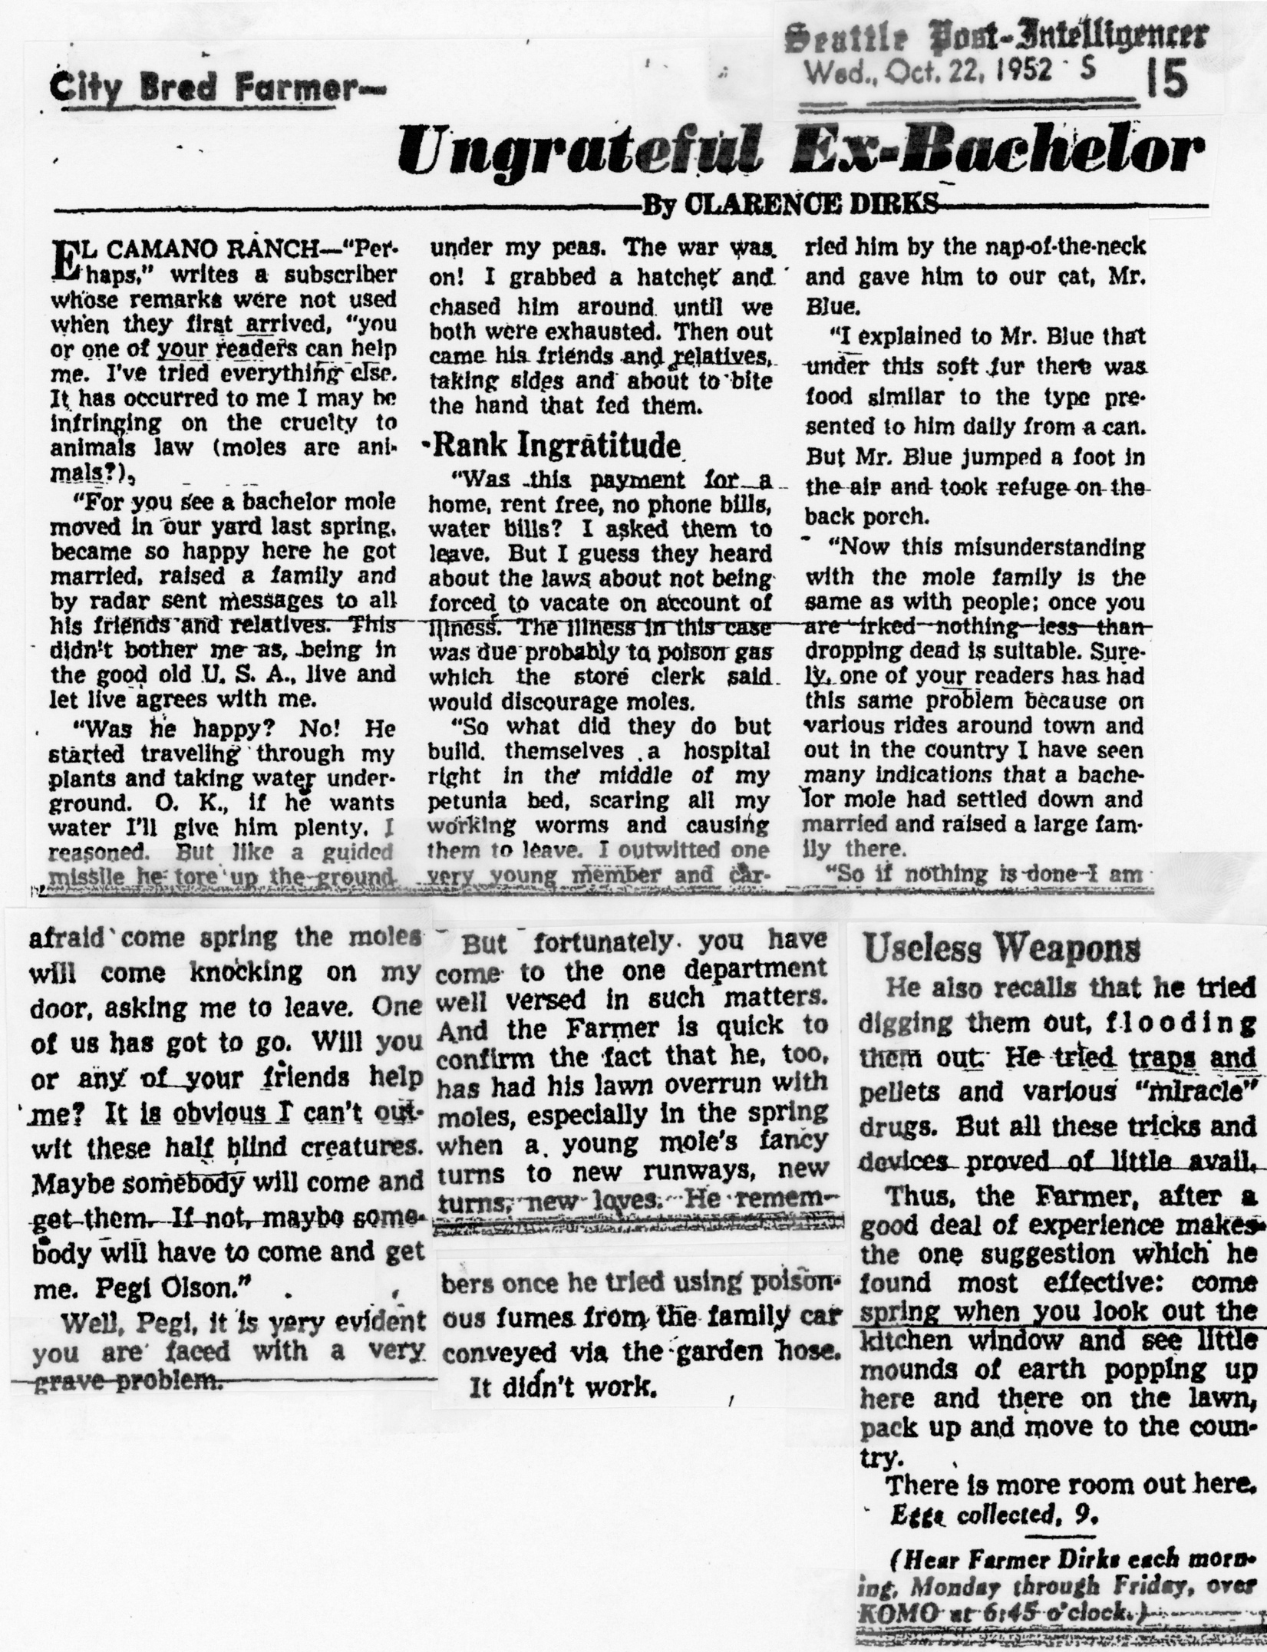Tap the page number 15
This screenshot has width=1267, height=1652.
1166,81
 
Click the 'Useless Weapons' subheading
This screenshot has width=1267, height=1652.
1001,948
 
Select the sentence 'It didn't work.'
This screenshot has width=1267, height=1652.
563,1388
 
